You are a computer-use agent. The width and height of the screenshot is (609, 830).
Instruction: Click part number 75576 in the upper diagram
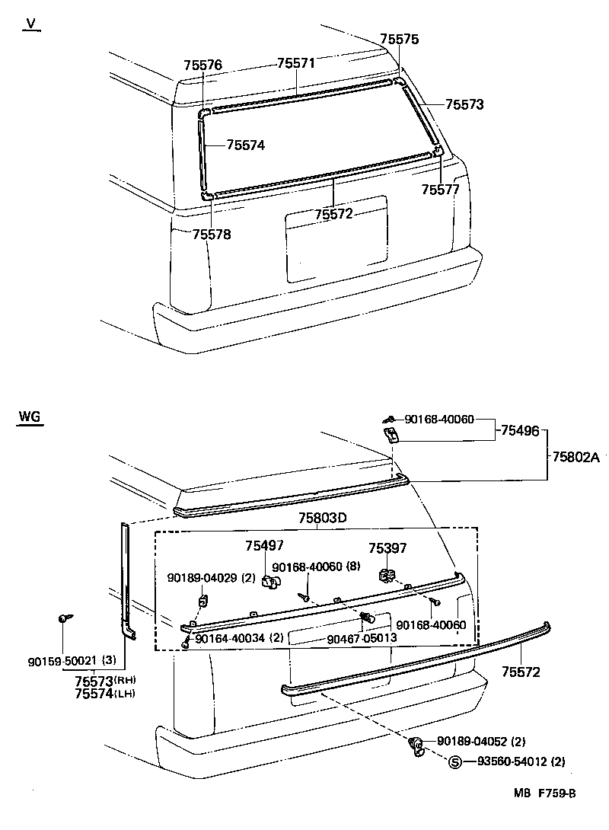pos(202,65)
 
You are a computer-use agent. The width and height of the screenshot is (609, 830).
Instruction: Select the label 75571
pos(296,63)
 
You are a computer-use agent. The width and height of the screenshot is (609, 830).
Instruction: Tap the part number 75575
pos(400,40)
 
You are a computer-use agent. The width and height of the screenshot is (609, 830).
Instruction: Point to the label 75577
pos(441,189)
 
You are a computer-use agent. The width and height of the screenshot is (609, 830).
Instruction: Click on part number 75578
pos(212,234)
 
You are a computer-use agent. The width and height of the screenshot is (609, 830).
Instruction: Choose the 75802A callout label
pos(576,457)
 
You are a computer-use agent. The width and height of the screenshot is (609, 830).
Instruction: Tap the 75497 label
pos(264,546)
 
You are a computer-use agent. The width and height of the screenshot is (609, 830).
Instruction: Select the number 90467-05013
pos(362,637)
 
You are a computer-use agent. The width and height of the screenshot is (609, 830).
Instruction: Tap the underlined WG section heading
pos(30,417)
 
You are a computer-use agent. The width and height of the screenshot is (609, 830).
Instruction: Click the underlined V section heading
pos(30,24)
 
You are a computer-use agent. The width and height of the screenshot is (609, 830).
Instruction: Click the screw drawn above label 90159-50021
pos(63,619)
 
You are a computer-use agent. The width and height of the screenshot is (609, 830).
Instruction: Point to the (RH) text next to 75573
pos(125,680)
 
